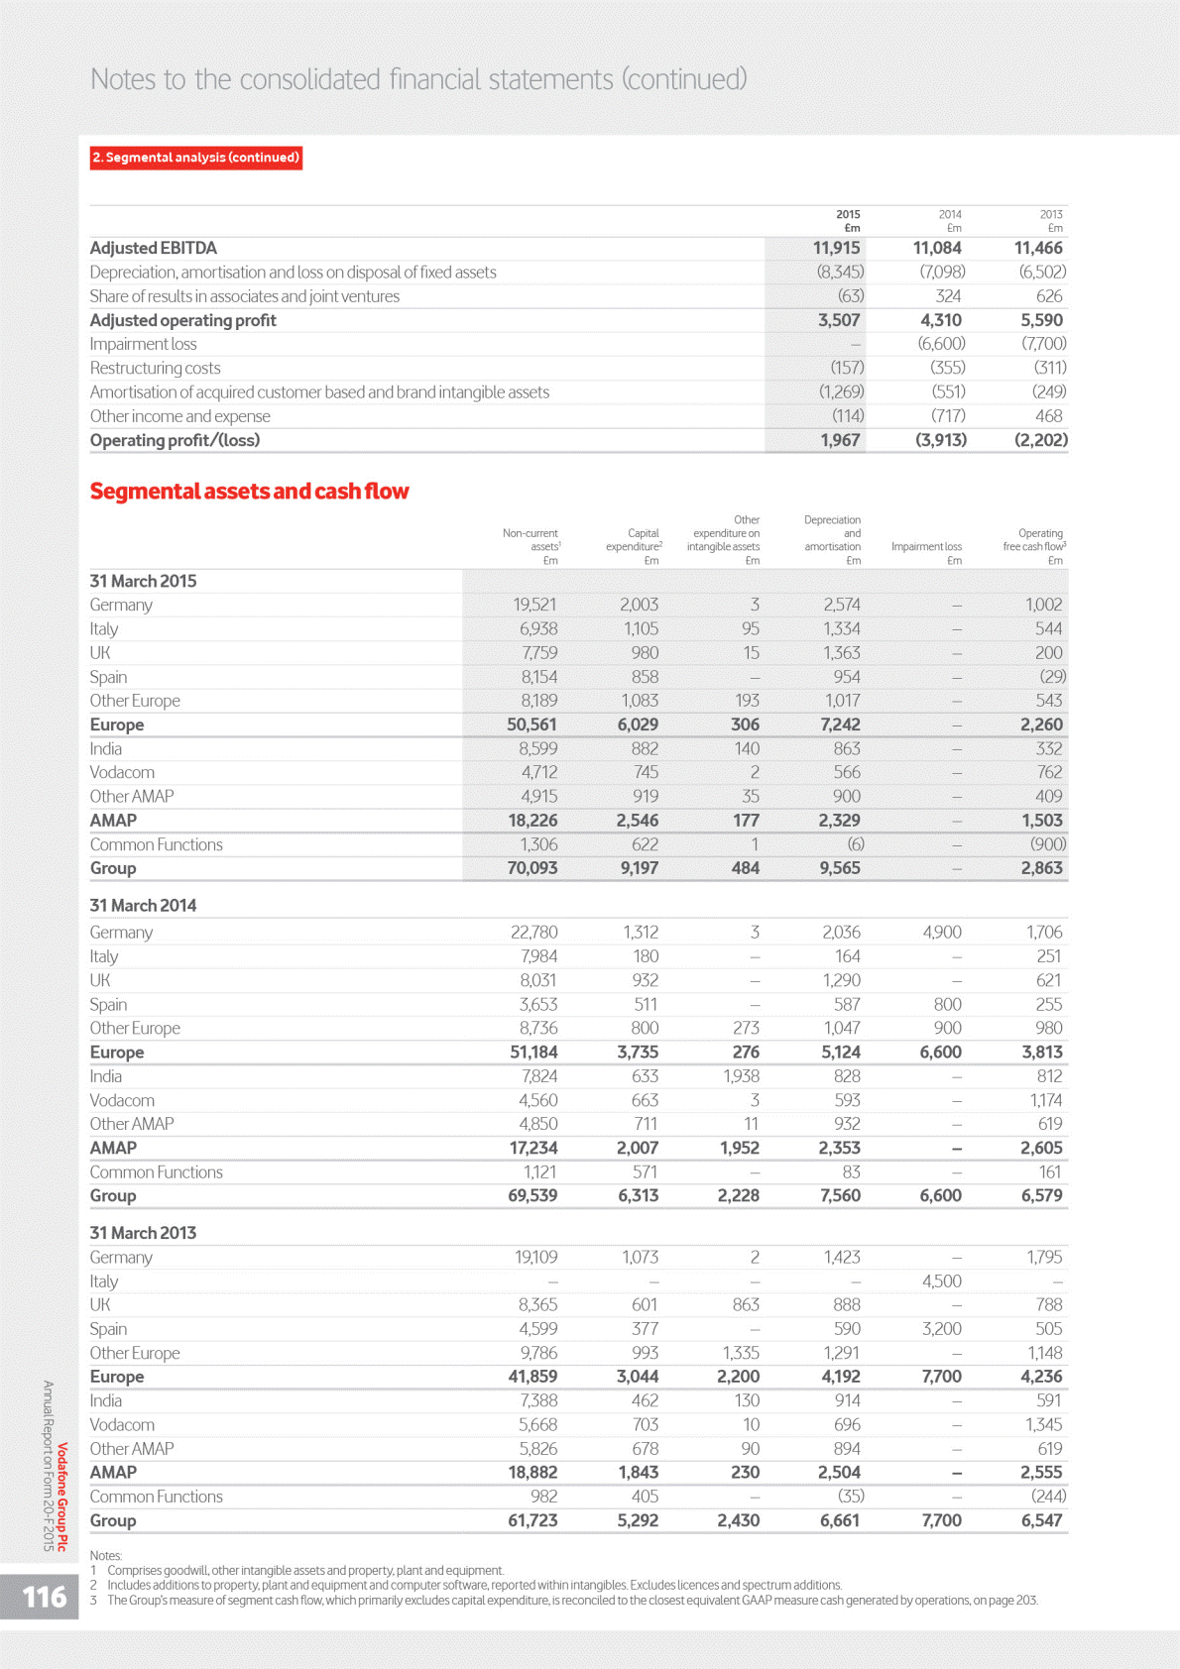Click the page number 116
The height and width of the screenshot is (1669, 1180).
click(45, 1596)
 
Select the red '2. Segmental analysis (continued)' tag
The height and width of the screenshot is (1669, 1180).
click(196, 158)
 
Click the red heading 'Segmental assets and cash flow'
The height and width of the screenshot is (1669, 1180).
click(249, 492)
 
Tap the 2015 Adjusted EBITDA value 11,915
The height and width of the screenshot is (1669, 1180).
click(836, 248)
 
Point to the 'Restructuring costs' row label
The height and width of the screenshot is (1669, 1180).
click(155, 369)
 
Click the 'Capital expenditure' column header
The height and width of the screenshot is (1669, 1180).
click(634, 540)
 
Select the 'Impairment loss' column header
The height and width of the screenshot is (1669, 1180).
click(926, 546)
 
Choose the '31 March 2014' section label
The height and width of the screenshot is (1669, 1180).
click(143, 906)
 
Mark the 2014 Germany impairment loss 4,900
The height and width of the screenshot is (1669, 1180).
click(941, 933)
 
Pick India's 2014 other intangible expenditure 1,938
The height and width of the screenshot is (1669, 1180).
click(741, 1076)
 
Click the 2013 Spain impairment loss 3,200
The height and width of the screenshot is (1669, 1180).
click(941, 1329)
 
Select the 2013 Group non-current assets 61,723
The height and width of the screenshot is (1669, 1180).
click(532, 1520)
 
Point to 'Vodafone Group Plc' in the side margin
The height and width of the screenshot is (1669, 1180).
click(62, 1497)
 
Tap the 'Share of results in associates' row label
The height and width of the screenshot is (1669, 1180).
click(244, 296)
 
